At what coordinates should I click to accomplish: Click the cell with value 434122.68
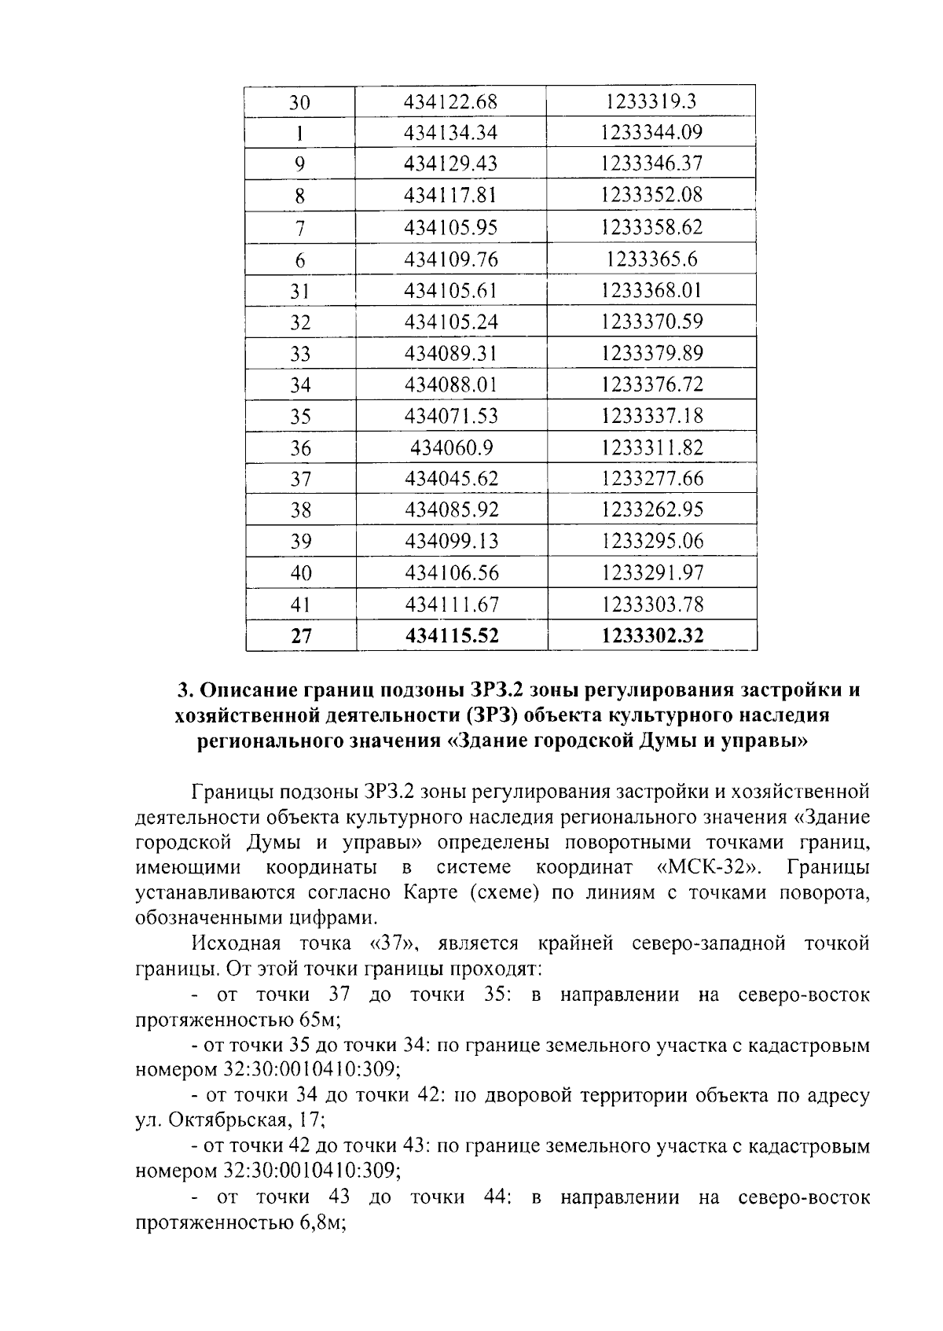[450, 102]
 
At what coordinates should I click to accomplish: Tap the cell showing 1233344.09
[651, 133]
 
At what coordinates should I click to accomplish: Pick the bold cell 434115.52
[451, 636]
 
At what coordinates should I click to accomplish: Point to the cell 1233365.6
[651, 259]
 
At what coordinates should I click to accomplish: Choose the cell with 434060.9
[451, 448]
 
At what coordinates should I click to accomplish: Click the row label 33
[300, 354]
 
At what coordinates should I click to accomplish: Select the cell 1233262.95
[651, 510]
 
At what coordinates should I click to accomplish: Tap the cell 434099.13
[451, 542]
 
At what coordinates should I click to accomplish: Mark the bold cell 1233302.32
[651, 636]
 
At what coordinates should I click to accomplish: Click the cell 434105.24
[451, 322]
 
